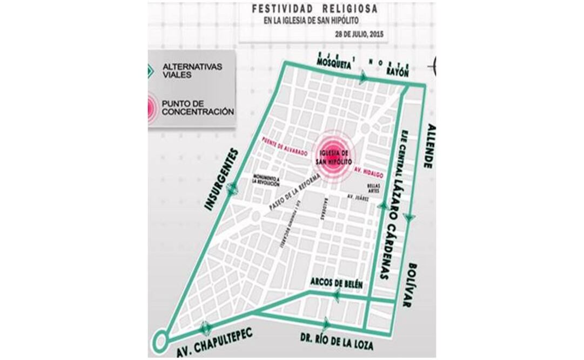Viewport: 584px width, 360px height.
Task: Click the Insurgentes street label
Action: point(221,178)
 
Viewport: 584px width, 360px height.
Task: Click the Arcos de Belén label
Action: point(336,284)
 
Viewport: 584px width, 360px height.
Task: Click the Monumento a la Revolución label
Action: point(268,180)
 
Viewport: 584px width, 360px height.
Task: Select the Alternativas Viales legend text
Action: point(184,71)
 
